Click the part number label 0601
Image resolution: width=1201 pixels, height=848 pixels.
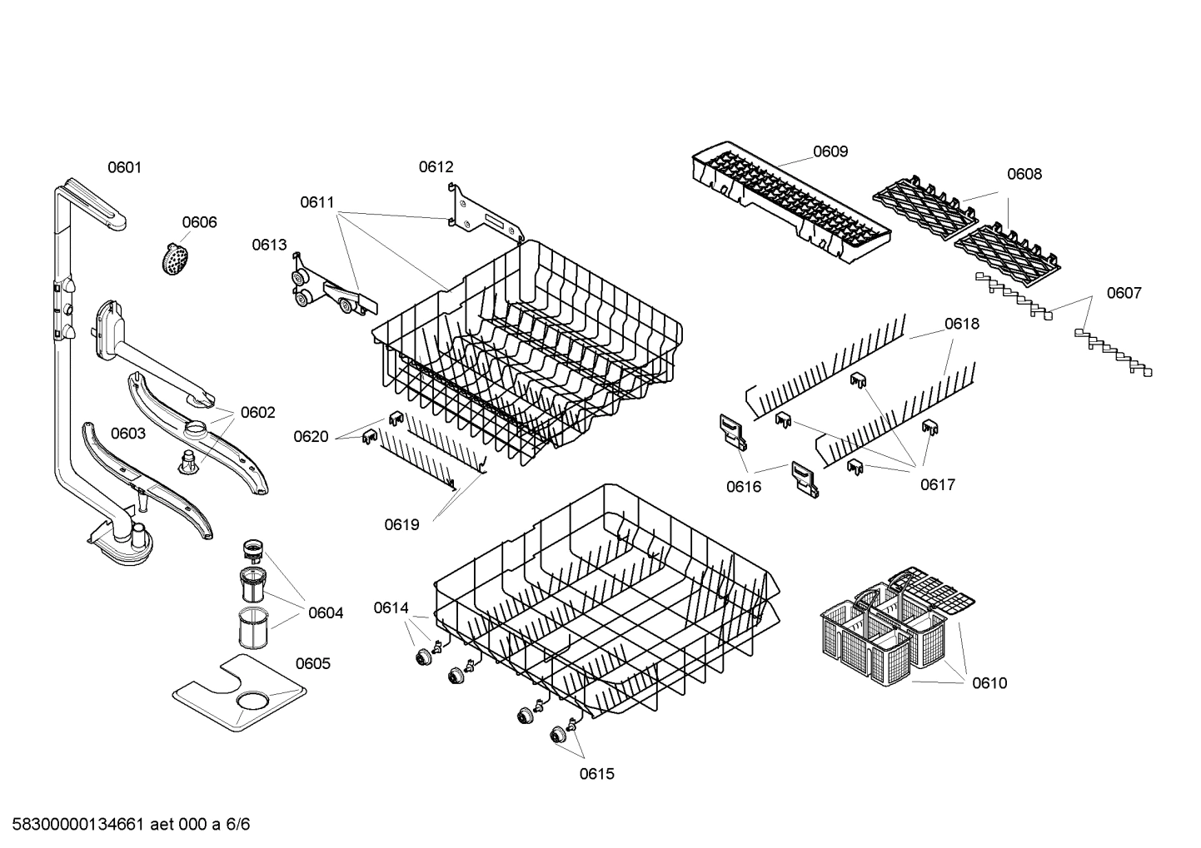pos(124,167)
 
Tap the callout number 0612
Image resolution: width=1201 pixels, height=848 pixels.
pos(436,167)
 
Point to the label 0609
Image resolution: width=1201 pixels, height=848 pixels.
pos(830,151)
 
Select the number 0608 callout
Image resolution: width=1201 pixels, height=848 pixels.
pos(1024,174)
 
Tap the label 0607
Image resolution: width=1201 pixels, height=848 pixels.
pos(1124,293)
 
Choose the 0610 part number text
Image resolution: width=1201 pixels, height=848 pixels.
pos(989,683)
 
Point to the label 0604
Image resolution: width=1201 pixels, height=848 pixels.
pos(325,613)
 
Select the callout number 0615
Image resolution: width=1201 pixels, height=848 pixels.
pos(596,774)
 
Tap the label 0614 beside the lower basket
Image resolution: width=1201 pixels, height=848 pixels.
pos(391,608)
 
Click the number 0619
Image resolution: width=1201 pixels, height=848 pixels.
pos(401,524)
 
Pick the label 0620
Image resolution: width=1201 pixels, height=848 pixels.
pos(311,437)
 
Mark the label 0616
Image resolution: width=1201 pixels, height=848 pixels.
pos(743,487)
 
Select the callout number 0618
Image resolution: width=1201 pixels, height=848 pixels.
pos(961,324)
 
